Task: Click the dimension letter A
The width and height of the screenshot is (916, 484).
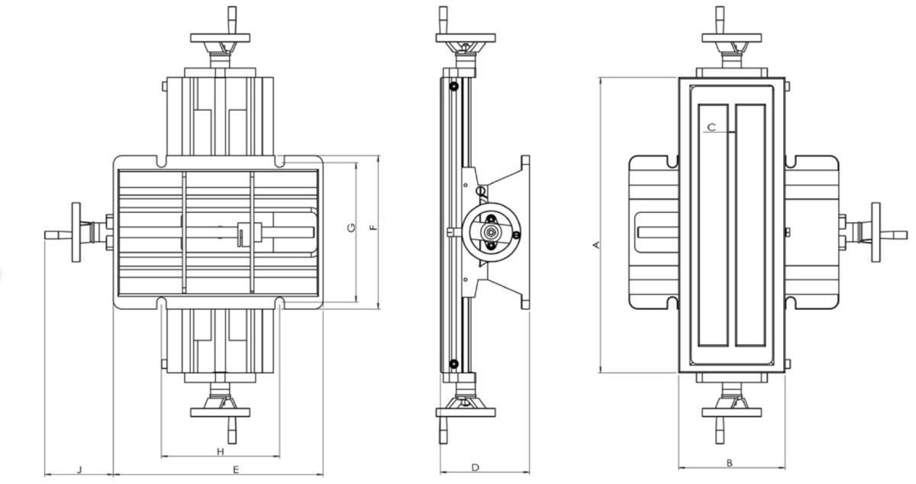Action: [597, 244]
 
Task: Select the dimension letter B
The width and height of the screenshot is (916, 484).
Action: [730, 462]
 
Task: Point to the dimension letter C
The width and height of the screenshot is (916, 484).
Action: [711, 127]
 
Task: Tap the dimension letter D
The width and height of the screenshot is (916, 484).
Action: [475, 467]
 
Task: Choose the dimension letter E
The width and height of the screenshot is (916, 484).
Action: [236, 469]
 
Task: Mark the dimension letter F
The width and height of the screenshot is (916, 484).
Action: [373, 227]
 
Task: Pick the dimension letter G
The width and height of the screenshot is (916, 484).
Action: [351, 227]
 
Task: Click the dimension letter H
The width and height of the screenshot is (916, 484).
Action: [220, 451]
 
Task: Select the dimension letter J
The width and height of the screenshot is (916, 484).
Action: [79, 468]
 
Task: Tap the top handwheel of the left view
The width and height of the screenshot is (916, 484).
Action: [221, 37]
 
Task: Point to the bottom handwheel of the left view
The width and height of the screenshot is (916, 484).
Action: [221, 412]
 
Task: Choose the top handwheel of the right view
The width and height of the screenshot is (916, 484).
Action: [731, 37]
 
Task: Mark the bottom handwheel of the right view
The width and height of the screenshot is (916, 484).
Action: [731, 412]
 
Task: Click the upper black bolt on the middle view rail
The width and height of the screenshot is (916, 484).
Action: [454, 86]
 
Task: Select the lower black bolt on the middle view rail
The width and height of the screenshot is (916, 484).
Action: [454, 364]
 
